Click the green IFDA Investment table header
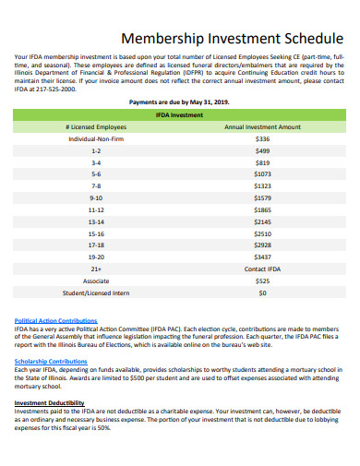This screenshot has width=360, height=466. [x=180, y=114]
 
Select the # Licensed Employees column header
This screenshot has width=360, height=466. [x=97, y=126]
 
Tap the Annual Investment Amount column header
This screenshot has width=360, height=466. [x=262, y=126]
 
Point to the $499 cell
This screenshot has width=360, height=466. [x=262, y=150]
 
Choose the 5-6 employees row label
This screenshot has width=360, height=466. [x=97, y=173]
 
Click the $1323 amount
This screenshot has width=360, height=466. [x=262, y=185]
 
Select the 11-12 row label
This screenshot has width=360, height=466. [x=97, y=209]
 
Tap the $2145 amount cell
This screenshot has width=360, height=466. [x=262, y=221]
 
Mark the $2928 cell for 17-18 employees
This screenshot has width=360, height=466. [x=262, y=245]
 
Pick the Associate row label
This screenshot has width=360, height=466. [x=97, y=281]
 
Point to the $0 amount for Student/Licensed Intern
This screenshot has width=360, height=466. [x=262, y=293]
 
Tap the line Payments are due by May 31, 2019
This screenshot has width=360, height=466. [x=180, y=102]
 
